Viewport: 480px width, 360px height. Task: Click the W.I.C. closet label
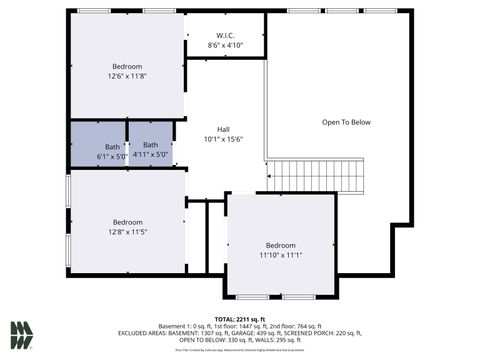click(x=225, y=34)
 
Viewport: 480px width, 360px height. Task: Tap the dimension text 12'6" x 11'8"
click(x=127, y=76)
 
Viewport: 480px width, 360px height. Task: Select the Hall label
click(x=224, y=129)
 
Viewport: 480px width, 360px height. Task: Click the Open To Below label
click(x=346, y=122)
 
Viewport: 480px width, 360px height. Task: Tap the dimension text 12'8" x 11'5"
click(x=127, y=232)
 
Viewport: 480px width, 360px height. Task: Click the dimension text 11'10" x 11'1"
click(x=280, y=256)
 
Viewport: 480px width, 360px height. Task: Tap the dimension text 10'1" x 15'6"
click(x=224, y=139)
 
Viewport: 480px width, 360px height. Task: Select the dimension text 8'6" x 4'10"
click(x=225, y=45)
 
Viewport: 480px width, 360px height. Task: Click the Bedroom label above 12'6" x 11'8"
click(x=127, y=66)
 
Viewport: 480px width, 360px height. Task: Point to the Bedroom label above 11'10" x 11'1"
click(x=280, y=246)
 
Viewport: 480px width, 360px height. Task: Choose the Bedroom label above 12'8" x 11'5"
click(x=127, y=222)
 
